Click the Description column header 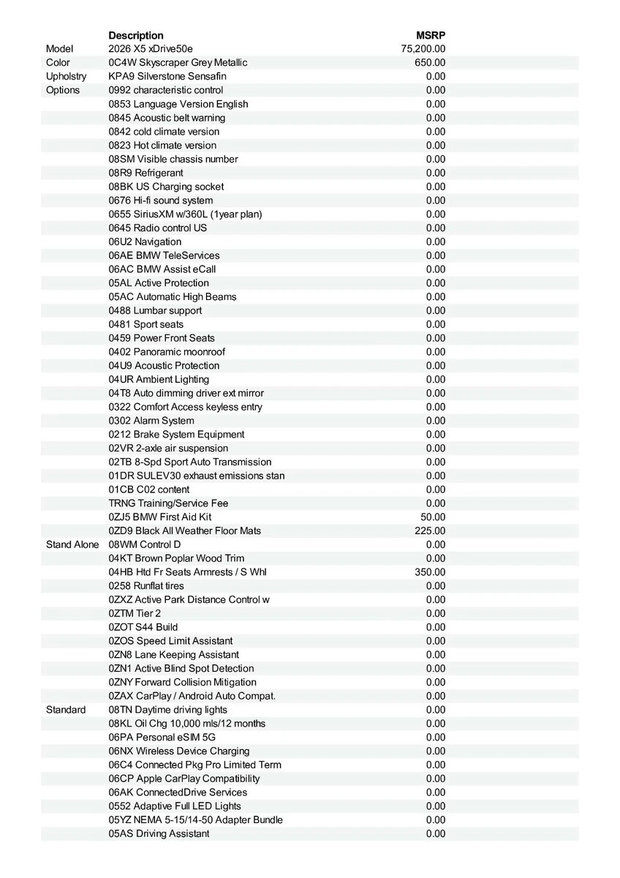(136, 35)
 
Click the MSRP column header (430, 35)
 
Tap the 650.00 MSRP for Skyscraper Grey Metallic (430, 63)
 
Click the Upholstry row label (66, 76)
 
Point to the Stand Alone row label (72, 544)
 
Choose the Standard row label (66, 710)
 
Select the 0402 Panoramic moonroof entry (167, 352)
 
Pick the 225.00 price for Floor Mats (430, 531)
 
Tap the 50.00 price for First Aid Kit (433, 517)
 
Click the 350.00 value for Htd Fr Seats (430, 572)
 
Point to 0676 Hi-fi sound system (161, 200)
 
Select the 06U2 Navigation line (145, 241)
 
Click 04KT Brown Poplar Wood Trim (176, 558)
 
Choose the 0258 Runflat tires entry (146, 586)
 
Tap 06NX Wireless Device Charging (179, 751)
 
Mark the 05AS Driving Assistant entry (159, 834)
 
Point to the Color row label (58, 63)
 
